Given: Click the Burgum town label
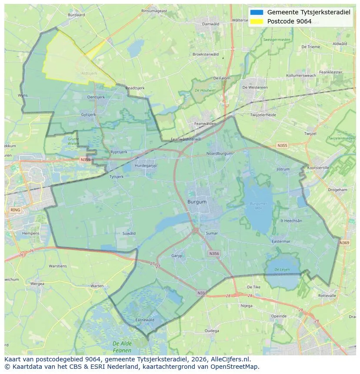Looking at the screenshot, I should pyautogui.click(x=197, y=202).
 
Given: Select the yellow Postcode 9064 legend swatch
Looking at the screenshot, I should pyautogui.click(x=257, y=21).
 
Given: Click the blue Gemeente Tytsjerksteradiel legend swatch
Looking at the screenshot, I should pyautogui.click(x=257, y=12).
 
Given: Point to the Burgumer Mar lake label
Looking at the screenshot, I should pyautogui.click(x=259, y=206).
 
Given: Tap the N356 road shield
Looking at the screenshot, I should pyautogui.click(x=214, y=253).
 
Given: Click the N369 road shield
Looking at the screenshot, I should pyautogui.click(x=344, y=243).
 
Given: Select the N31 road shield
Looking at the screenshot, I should pyautogui.click(x=201, y=293).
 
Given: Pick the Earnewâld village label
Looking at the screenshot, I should pyautogui.click(x=145, y=320).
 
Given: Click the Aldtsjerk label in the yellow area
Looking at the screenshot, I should pyautogui.click(x=89, y=73).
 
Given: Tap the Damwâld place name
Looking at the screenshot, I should pyautogui.click(x=211, y=24).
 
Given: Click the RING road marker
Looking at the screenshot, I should pyautogui.click(x=15, y=210).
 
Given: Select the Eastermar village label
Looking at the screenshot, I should pyautogui.click(x=280, y=242).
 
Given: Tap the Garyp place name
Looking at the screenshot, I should pyautogui.click(x=177, y=256).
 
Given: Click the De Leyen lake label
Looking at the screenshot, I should pyautogui.click(x=281, y=272).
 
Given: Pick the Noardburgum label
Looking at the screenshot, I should pyautogui.click(x=219, y=153).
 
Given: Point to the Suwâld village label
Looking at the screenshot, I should pyautogui.click(x=129, y=233).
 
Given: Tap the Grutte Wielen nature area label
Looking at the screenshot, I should pyautogui.click(x=73, y=141).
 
